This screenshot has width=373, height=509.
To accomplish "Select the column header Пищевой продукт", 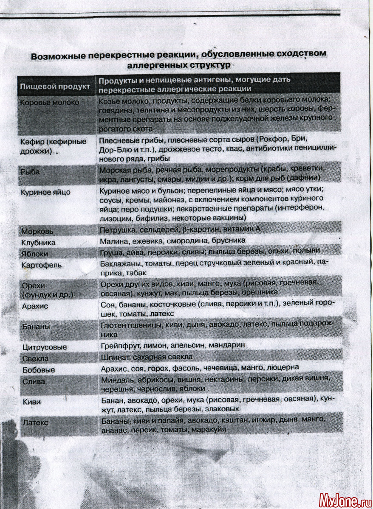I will point(54,87).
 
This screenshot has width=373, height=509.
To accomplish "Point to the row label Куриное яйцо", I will point(46,192).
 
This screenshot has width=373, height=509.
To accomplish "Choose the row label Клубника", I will point(39,243).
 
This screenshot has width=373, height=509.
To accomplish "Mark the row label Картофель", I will point(42,265).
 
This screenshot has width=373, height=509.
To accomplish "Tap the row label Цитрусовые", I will point(45,347).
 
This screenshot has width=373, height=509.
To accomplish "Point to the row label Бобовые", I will point(39,369).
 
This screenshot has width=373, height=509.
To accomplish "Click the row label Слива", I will point(34,381).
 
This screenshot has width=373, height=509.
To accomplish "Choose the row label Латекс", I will point(36,422).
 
